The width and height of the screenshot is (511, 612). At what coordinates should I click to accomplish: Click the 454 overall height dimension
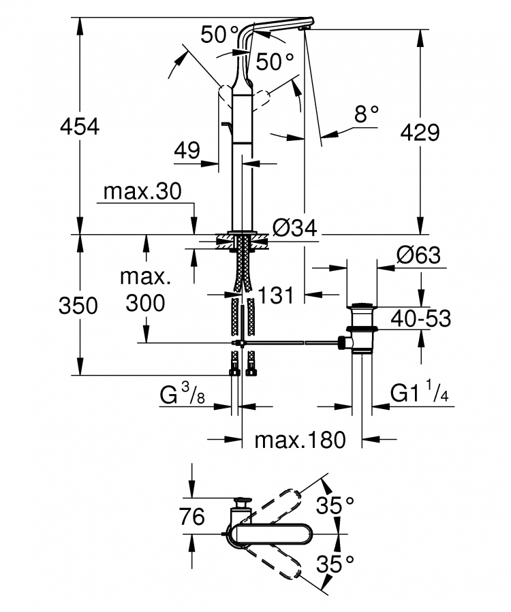click(80, 127)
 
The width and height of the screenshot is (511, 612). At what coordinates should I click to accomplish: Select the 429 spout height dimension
click(420, 132)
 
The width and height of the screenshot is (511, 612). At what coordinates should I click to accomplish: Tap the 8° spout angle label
click(367, 114)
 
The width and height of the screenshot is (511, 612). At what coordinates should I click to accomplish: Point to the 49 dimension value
click(187, 150)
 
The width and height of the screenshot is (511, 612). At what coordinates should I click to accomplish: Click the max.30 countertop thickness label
click(142, 192)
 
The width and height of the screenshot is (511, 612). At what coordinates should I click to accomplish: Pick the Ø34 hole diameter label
click(294, 227)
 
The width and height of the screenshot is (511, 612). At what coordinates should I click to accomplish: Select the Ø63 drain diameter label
click(418, 255)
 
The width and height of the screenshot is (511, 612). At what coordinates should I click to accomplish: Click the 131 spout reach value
click(276, 295)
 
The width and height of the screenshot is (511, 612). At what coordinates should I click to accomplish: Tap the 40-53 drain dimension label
click(421, 319)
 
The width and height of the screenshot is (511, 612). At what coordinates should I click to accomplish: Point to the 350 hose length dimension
click(78, 305)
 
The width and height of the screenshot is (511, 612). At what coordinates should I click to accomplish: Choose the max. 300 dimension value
click(145, 289)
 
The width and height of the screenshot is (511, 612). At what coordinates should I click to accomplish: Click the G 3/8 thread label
click(183, 393)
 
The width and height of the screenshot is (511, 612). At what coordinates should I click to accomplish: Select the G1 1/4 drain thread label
click(419, 392)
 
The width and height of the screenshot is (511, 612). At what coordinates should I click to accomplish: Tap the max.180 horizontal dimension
click(300, 440)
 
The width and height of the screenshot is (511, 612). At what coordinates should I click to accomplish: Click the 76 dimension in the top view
click(192, 517)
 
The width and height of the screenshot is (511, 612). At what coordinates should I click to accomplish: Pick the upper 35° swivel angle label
click(335, 505)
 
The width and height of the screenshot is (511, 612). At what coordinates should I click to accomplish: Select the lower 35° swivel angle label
click(335, 563)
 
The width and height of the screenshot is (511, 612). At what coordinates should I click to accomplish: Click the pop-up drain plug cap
click(362, 306)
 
